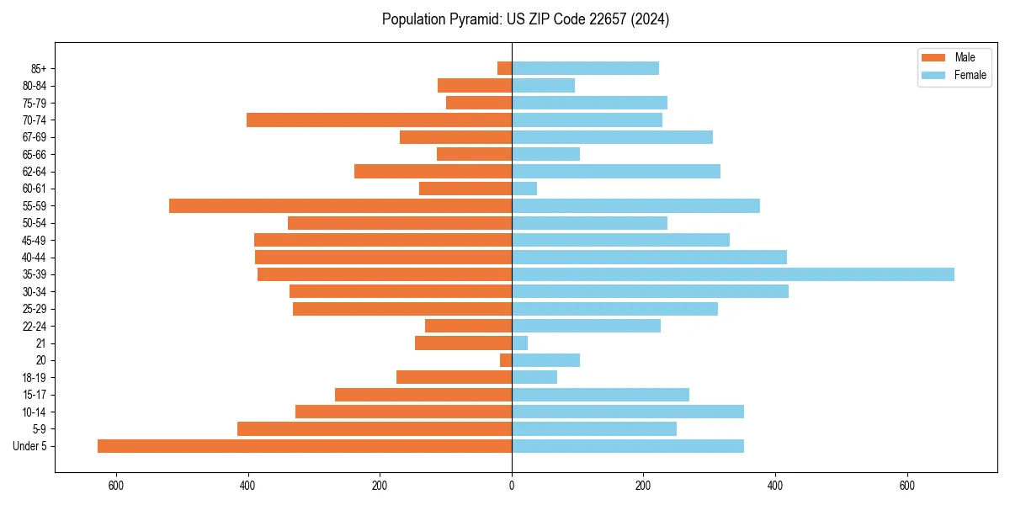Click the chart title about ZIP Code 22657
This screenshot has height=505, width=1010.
click(525, 19)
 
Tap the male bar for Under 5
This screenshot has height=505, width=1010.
click(305, 446)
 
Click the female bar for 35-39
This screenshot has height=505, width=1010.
click(733, 274)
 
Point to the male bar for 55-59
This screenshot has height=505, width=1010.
click(340, 205)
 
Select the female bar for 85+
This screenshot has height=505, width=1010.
click(585, 68)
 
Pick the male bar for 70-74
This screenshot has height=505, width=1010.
click(379, 120)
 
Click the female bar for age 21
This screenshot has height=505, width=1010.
click(519, 343)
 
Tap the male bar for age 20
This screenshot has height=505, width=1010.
click(506, 360)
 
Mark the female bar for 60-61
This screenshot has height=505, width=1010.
click(524, 189)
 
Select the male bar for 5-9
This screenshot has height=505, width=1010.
click(375, 429)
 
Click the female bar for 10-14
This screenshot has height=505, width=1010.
click(628, 412)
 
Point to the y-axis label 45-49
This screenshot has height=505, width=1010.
click(34, 240)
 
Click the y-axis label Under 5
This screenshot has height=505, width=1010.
click(30, 446)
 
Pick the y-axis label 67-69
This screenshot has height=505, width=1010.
click(34, 137)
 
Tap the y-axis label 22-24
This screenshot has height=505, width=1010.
click(34, 326)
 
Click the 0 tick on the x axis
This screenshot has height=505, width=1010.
click(512, 486)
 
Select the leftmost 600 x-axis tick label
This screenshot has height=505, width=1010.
click(116, 486)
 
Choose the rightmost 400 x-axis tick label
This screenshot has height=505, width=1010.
click(775, 486)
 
